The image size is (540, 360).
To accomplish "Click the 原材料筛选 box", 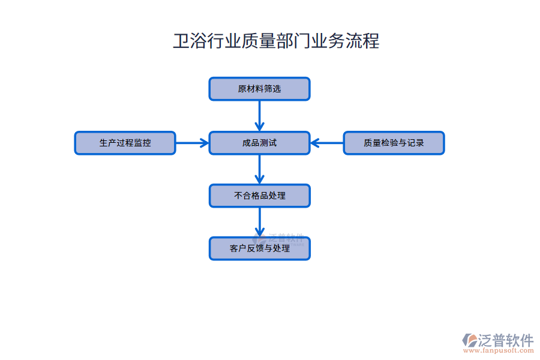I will pyautogui.click(x=259, y=89).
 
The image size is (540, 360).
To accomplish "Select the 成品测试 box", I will pyautogui.click(x=259, y=143).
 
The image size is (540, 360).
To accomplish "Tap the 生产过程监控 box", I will pyautogui.click(x=125, y=143).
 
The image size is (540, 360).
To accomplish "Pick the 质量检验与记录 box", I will pyautogui.click(x=394, y=143).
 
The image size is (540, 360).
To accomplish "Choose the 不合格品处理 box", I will pyautogui.click(x=259, y=196).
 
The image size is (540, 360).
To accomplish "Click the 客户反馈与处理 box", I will pyautogui.click(x=259, y=248).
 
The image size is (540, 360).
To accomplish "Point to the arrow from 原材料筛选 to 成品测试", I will pyautogui.click(x=259, y=115).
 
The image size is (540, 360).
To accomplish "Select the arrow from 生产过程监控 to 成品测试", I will pyautogui.click(x=192, y=143).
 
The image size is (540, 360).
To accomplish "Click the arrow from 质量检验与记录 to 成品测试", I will pyautogui.click(x=327, y=143).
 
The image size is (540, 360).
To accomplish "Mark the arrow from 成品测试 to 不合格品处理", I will pyautogui.click(x=259, y=169).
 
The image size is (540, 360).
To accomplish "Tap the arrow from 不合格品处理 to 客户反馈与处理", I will pyautogui.click(x=259, y=222).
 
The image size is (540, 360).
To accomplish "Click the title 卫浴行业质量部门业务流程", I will pyautogui.click(x=276, y=41).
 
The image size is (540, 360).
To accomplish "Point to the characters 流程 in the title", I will pyautogui.click(x=362, y=41).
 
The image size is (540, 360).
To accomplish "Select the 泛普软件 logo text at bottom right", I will pyautogui.click(x=506, y=340).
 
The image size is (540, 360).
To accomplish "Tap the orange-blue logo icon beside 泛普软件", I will pyautogui.click(x=469, y=340).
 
